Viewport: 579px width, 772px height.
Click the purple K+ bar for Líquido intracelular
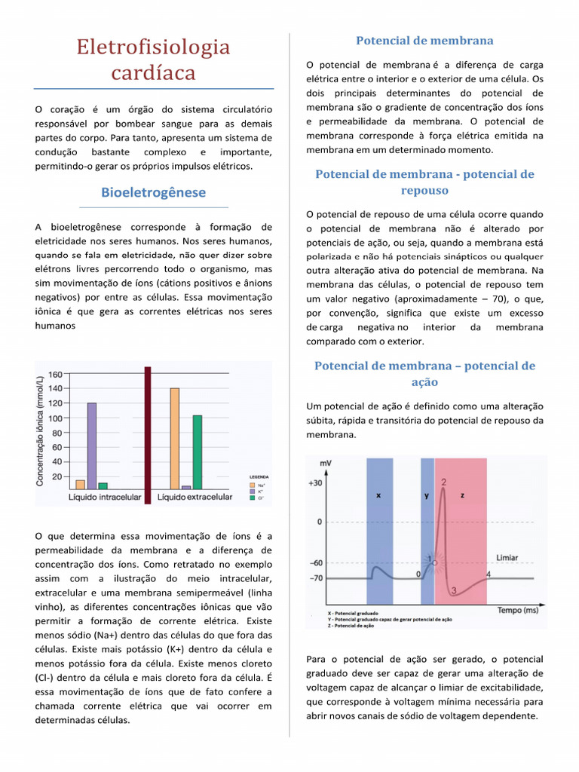tap(92, 446)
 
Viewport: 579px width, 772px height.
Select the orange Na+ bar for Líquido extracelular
tap(174, 438)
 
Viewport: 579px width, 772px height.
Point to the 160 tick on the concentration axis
tap(55, 375)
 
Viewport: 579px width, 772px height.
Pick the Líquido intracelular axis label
tap(105, 498)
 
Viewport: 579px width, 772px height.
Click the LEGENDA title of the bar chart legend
tap(258, 477)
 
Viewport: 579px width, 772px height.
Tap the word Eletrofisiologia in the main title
tap(154, 47)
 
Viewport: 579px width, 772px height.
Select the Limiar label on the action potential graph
tap(507, 558)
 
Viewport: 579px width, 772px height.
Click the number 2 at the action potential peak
tap(443, 482)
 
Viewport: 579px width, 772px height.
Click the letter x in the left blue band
tap(378, 496)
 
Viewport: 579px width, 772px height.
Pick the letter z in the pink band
tap(461, 496)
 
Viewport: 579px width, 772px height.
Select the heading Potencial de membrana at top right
tap(424, 40)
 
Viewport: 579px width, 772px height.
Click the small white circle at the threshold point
tap(434, 562)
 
